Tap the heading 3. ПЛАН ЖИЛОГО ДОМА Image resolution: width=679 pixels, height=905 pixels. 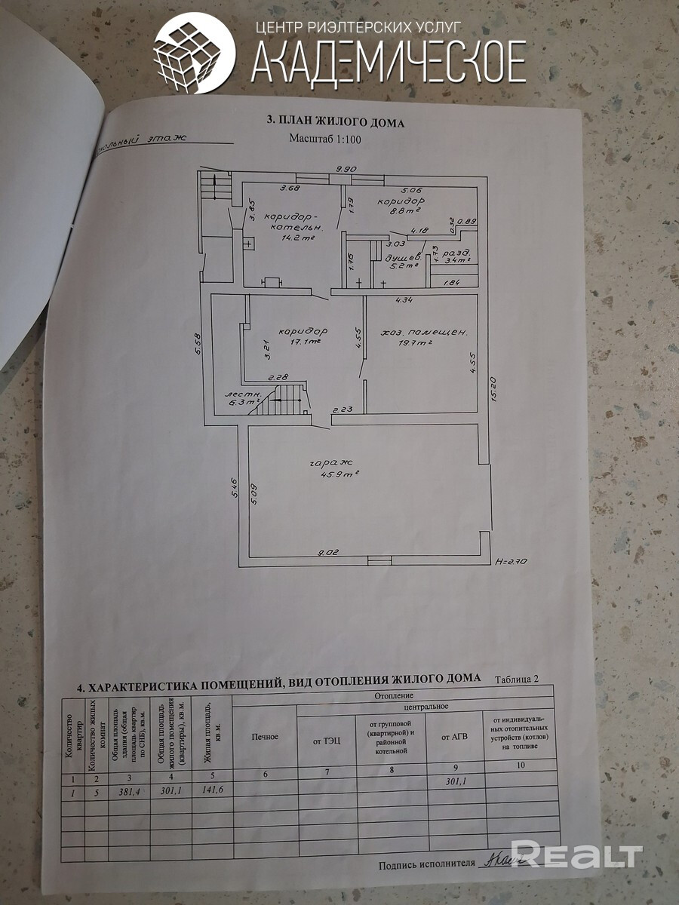tap(336, 122)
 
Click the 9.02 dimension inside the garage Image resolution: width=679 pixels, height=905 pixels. tap(329, 553)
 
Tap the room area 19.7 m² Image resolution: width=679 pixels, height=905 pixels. tap(415, 343)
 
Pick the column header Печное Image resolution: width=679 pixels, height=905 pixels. tap(264, 736)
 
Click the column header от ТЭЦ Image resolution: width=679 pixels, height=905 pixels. tap(327, 740)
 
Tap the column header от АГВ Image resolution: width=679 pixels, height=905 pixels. tap(455, 737)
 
